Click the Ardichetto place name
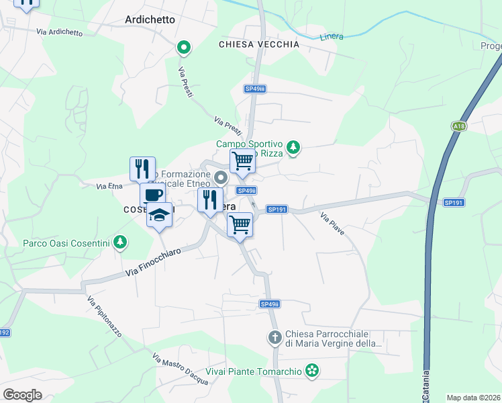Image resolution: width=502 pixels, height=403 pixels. pos(150,19)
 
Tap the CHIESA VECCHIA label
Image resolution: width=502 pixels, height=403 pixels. pos(259,44)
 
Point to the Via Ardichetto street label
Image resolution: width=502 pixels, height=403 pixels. pos(60,32)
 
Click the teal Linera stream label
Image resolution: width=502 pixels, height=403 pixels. pos(332,36)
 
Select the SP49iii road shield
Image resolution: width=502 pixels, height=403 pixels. pos(255,89)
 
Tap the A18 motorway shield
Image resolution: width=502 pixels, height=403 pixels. pos(458,126)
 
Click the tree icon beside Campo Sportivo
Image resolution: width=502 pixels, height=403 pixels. pos(293,147)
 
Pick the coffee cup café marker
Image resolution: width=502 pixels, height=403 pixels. pos(152,195)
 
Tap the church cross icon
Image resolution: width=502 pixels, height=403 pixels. pos(274,337)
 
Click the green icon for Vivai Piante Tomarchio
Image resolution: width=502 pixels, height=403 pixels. pos(311,369)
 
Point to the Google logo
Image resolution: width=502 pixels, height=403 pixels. pos(22,395)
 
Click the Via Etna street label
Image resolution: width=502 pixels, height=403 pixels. pos(108,185)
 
